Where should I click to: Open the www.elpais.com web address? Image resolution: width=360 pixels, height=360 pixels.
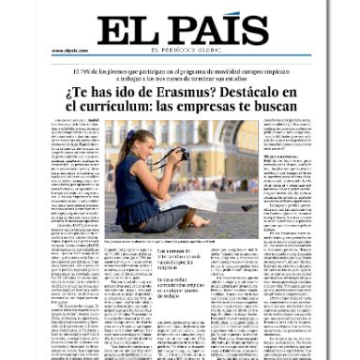coord(69,50)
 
